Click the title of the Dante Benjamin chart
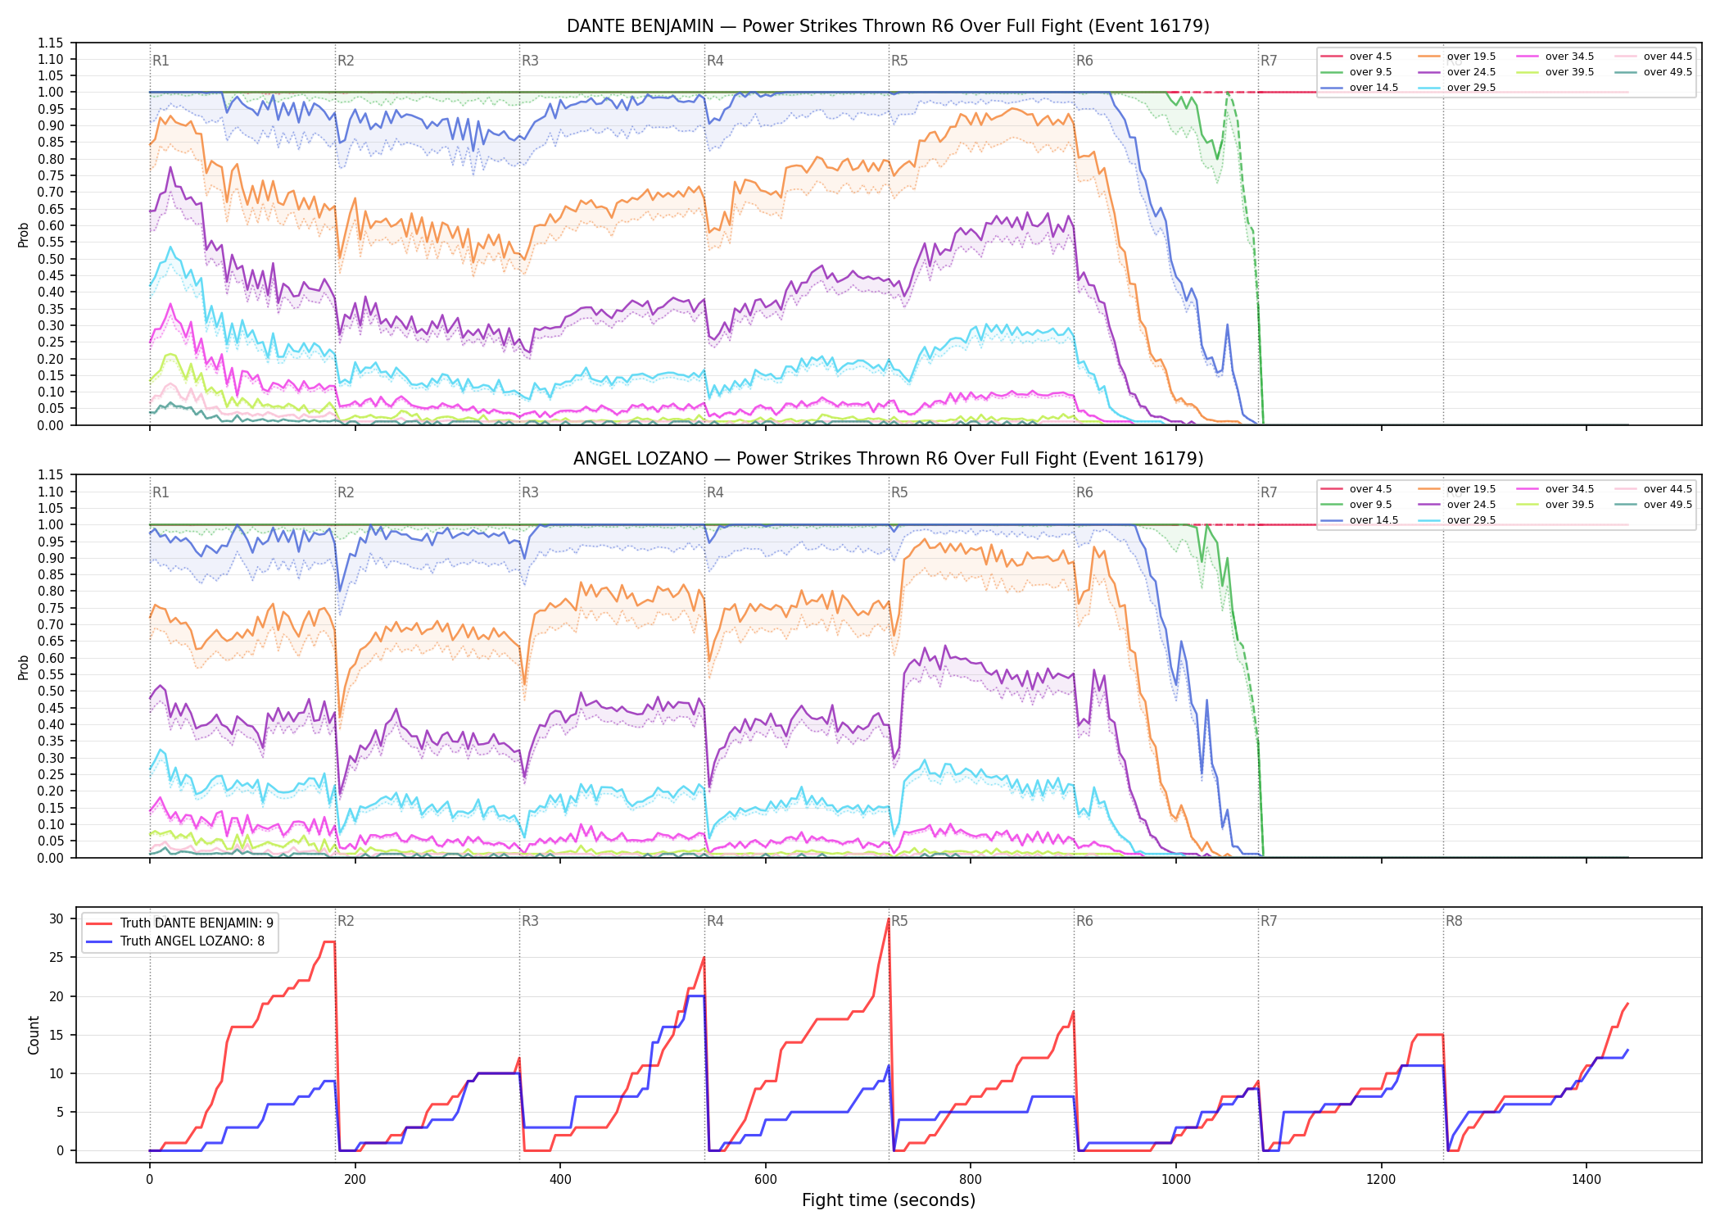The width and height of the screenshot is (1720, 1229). click(888, 26)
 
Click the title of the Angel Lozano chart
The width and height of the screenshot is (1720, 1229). click(888, 459)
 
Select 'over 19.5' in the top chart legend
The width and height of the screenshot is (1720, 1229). click(1471, 57)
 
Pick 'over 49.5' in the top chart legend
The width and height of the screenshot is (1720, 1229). click(1668, 72)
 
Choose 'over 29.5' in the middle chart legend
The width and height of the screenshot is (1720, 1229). click(1471, 520)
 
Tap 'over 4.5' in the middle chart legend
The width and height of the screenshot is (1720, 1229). click(1370, 489)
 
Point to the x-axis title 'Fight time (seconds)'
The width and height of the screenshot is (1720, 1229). click(889, 1200)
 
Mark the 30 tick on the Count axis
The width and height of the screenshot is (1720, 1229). click(56, 918)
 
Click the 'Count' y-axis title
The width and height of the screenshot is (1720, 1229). click(34, 1035)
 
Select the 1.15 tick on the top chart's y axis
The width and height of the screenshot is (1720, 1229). click(50, 43)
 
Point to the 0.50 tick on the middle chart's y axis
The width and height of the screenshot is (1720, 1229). click(50, 691)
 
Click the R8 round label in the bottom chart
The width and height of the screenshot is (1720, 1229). click(1454, 921)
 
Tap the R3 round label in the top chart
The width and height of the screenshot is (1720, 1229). click(530, 61)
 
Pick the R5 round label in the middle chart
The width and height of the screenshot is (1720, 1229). click(899, 492)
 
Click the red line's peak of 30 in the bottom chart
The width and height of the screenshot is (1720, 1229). click(889, 918)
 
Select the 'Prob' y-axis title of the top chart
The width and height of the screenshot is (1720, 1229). click(24, 234)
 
